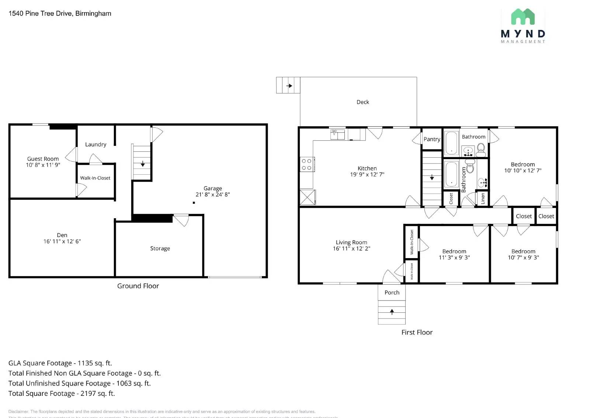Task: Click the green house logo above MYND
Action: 523,17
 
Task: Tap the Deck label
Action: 362,102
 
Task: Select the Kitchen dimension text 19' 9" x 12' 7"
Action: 367,174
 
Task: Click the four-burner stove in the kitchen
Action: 307,164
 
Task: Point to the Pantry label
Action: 431,139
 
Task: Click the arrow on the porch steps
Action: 392,312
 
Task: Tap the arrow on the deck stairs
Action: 289,86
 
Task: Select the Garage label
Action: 212,188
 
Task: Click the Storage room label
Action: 160,249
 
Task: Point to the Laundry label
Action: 96,144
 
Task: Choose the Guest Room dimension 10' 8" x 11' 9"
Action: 43,165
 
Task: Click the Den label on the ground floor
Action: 62,235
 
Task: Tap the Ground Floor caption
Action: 138,286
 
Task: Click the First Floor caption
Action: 417,332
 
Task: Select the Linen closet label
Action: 483,199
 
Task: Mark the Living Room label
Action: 351,243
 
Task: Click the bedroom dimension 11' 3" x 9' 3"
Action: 454,258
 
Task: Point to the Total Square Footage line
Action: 62,394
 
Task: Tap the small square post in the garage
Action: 194,203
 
